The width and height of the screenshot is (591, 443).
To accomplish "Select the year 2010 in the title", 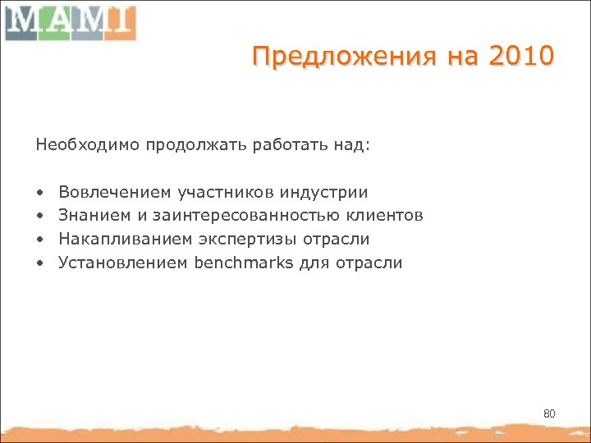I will [x=523, y=57].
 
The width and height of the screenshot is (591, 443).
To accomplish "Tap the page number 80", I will [x=549, y=413].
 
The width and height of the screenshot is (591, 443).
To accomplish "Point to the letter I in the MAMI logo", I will [x=118, y=22].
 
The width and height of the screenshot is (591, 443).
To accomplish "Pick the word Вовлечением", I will [x=115, y=193].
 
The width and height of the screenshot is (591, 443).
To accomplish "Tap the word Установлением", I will [x=124, y=263].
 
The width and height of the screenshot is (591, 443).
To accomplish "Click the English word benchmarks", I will [x=239, y=263].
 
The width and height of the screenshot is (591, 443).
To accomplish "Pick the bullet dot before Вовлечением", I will [x=39, y=194].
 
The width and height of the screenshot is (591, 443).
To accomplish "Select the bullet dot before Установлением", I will [x=39, y=264].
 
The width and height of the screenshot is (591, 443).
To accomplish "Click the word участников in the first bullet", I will [x=226, y=193].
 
